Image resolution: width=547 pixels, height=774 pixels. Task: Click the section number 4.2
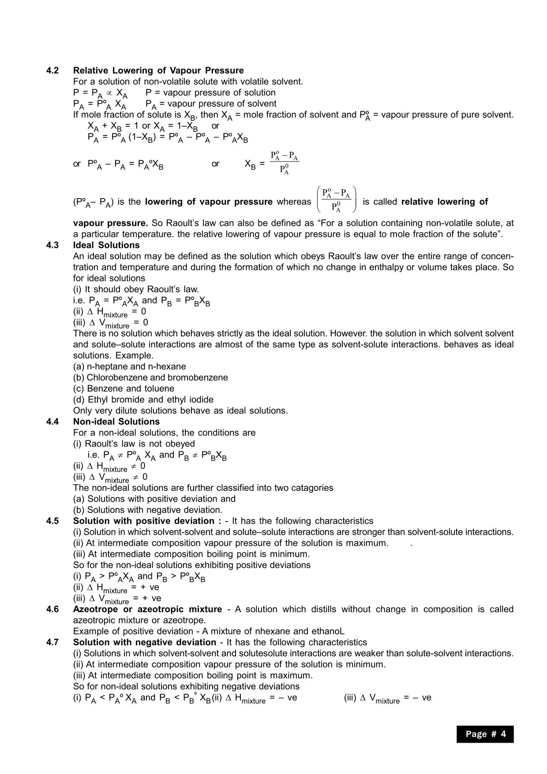(x=52, y=71)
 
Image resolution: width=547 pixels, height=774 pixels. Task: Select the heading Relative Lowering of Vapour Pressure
(x=158, y=71)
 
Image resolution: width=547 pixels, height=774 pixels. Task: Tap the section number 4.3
(x=52, y=245)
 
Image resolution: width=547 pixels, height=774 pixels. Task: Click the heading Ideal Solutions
(x=106, y=245)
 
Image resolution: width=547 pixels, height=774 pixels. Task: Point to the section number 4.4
(x=52, y=422)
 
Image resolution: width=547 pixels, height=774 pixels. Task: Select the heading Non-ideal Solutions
(x=116, y=422)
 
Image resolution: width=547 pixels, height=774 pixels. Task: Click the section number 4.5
(x=52, y=521)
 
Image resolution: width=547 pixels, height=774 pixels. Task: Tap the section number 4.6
(x=52, y=609)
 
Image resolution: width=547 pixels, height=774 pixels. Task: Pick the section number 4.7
(x=52, y=642)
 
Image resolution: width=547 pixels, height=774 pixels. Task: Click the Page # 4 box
(x=485, y=734)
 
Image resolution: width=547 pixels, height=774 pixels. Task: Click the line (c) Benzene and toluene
(x=124, y=389)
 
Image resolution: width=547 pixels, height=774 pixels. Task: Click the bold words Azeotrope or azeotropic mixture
(x=147, y=609)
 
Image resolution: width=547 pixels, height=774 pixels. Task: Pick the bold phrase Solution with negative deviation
(x=145, y=642)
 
